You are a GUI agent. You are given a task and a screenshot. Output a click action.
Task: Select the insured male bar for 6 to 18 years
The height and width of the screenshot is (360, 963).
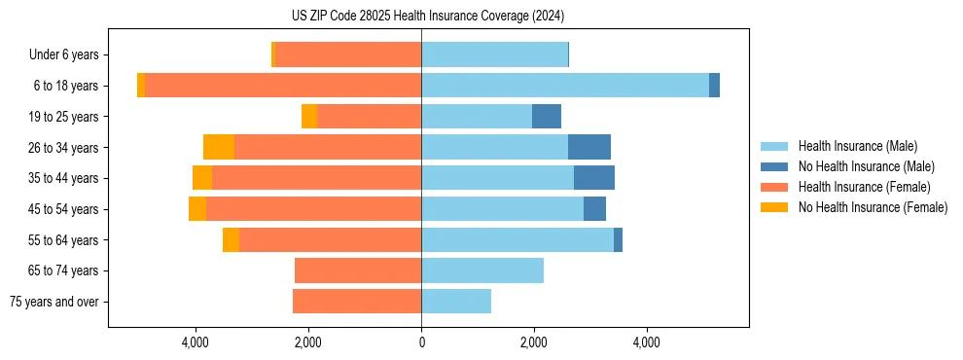(x=565, y=86)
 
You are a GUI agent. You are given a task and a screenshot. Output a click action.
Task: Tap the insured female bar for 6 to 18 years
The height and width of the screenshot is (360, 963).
(x=282, y=86)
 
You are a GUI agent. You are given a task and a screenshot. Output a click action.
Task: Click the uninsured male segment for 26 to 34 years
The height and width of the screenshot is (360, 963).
(x=589, y=147)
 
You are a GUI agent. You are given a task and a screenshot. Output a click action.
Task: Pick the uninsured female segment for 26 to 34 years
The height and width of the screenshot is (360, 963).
(x=219, y=147)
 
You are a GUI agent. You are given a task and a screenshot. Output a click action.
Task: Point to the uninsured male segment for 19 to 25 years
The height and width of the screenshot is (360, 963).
(x=547, y=117)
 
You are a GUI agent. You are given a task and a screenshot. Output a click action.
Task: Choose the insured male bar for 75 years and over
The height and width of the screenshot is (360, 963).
(x=456, y=302)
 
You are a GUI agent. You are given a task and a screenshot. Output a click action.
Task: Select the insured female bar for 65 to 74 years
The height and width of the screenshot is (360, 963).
(x=358, y=270)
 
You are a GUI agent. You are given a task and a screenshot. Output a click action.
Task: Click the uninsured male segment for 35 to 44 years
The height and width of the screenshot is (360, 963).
(x=594, y=178)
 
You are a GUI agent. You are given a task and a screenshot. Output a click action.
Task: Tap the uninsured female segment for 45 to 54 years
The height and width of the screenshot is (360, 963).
(x=197, y=209)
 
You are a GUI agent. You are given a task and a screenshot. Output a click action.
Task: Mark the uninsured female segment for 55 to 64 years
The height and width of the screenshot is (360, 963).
(x=231, y=239)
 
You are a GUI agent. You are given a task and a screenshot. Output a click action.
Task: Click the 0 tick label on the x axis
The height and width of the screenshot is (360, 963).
(x=421, y=342)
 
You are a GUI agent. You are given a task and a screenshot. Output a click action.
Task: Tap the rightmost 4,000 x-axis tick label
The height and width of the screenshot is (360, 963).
(x=647, y=342)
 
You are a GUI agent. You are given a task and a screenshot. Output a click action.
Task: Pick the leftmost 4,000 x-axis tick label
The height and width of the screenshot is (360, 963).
(x=196, y=342)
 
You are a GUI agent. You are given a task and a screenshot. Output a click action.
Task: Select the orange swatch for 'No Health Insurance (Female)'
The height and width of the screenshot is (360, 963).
(x=774, y=207)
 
